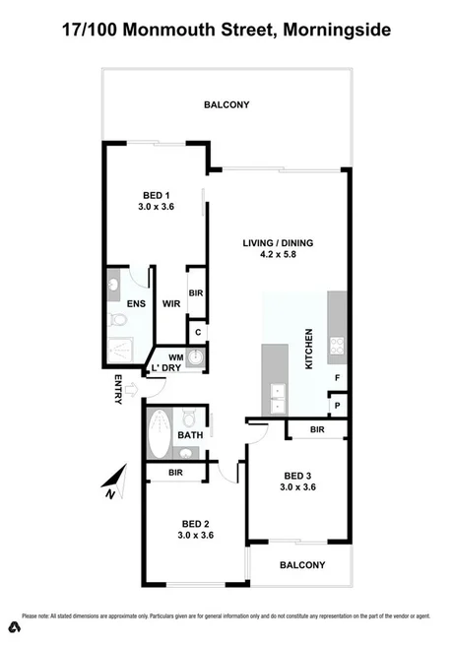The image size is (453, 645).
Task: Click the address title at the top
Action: click(x=226, y=31)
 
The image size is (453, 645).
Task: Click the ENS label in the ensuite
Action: click(x=136, y=304)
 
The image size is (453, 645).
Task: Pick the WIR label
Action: click(x=169, y=304)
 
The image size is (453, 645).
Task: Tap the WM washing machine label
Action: click(x=176, y=356)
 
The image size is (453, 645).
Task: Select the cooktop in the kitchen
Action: click(x=337, y=347)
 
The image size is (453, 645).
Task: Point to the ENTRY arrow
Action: click(x=135, y=391)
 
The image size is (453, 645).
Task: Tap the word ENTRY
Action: click(x=119, y=391)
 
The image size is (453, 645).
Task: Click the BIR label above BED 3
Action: click(x=317, y=430)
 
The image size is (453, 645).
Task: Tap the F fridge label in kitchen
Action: click(x=338, y=378)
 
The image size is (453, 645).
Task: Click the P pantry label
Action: click(x=338, y=405)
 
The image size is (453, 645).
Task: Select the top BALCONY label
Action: click(x=226, y=104)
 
